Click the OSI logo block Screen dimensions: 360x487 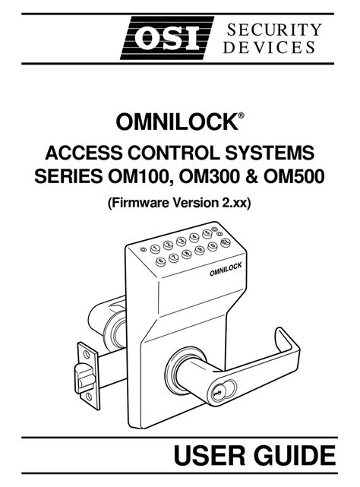pos(167,38)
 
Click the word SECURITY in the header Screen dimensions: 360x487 pos(274,30)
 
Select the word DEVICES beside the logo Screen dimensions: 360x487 pos(269,48)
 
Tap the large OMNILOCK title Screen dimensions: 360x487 pos(177,122)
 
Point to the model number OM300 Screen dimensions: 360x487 pos(212,177)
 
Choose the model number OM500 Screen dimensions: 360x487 pos(294,177)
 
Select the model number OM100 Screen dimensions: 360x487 pos(140,177)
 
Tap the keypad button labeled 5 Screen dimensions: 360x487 pos(207,233)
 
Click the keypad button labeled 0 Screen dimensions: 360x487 pos(212,246)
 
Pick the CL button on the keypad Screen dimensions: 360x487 pos(226,242)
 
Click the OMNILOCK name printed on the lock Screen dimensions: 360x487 pos(226,269)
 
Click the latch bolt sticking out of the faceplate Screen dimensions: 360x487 pos(84,378)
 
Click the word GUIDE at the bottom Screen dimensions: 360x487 pos(295,456)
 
